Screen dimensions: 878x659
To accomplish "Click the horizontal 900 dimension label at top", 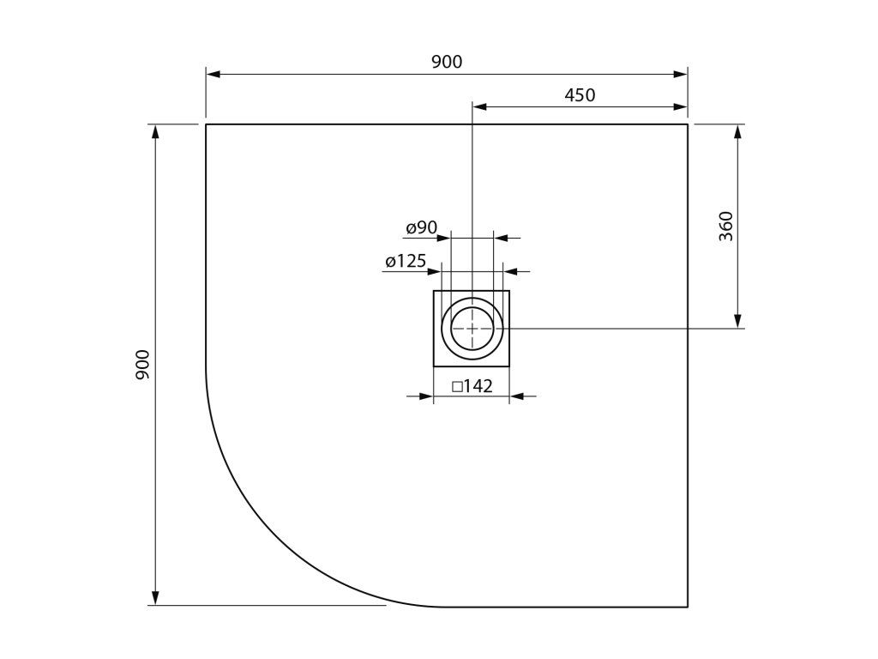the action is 447,62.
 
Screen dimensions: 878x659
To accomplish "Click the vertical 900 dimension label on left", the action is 143,365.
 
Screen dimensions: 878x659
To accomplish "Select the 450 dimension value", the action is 580,95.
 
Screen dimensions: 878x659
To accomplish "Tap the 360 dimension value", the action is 725,226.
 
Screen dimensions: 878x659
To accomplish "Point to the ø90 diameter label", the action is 422,227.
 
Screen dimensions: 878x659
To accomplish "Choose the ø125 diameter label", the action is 406,261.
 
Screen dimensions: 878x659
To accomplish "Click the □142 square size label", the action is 472,386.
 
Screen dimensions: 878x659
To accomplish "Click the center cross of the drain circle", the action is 472,329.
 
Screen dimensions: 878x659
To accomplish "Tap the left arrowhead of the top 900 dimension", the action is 213,74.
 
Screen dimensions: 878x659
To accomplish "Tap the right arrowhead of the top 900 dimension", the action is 680,74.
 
